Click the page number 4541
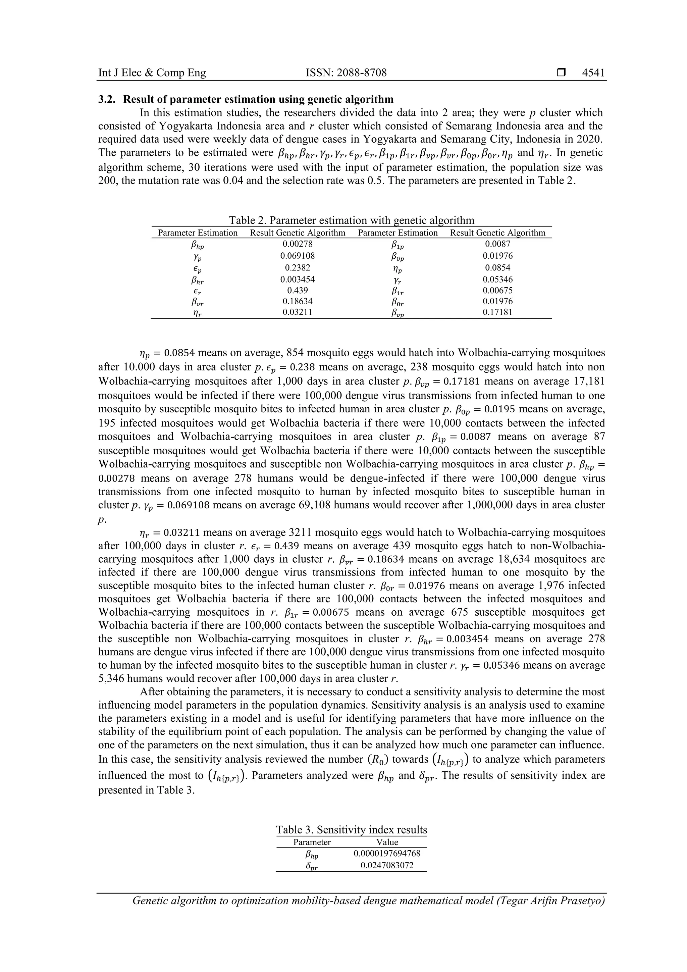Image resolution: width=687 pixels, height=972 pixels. coord(593,73)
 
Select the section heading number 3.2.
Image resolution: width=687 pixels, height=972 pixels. coord(106,100)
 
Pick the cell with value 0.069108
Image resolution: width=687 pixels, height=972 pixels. coord(297,256)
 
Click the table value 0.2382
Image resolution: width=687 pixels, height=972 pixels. coord(297,267)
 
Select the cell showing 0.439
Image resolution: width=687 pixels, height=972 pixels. coord(297,291)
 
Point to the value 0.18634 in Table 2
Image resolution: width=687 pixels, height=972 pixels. coord(297,301)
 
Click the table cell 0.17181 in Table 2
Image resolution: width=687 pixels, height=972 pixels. coord(497,312)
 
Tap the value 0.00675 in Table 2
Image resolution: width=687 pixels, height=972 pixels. coord(497,291)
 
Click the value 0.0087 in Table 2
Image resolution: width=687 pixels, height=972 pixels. coord(497,244)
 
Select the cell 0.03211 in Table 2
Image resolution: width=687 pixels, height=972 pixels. coord(297,312)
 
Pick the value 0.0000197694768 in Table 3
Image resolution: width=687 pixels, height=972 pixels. coord(387,853)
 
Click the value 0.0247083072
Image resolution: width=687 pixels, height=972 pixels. coord(387,865)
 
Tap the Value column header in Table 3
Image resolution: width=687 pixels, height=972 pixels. coord(387,842)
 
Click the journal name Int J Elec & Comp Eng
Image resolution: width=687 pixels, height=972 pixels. coord(152,73)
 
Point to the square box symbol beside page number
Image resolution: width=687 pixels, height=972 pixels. coord(561,73)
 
